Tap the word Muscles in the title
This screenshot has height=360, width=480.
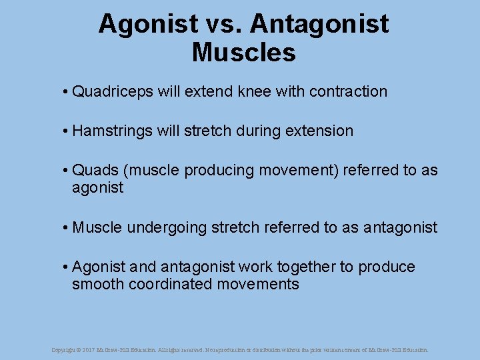click(x=243, y=52)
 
